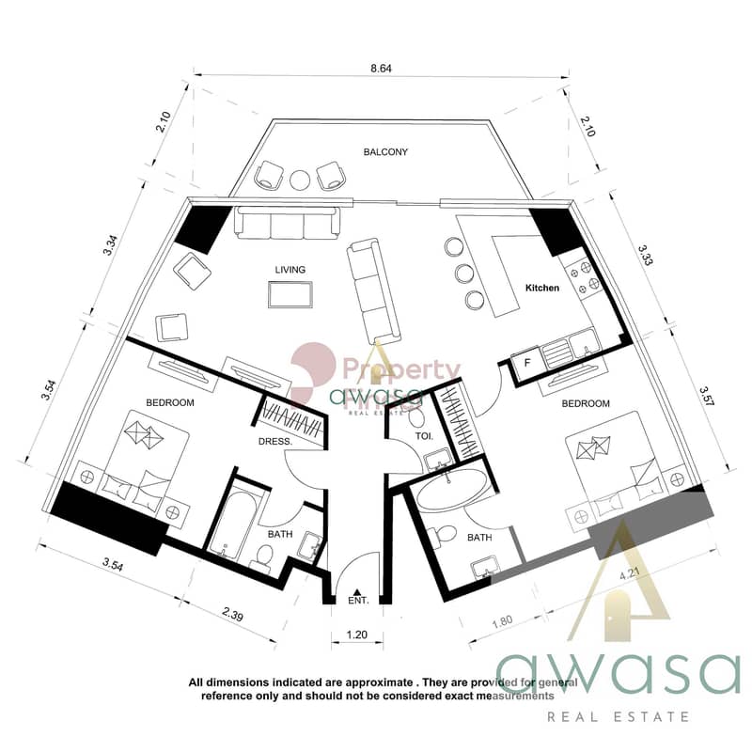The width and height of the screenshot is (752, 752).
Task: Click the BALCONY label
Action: (385, 152)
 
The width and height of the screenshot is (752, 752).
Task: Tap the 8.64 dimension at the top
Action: (381, 69)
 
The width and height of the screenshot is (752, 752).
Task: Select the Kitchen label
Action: (542, 288)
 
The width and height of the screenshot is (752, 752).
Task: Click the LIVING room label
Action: (290, 270)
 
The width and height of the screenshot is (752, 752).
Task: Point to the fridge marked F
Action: (526, 362)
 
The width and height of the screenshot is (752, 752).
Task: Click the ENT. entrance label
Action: (358, 600)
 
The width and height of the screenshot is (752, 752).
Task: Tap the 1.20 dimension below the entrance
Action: (357, 634)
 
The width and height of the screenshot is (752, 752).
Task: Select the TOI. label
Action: (424, 436)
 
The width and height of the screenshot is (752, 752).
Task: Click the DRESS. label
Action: (275, 441)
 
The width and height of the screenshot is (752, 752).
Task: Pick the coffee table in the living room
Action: (290, 294)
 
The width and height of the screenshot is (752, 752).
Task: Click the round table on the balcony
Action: (300, 180)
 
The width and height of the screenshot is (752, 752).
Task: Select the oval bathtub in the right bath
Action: (454, 489)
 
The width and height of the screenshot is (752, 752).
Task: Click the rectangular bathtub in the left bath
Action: (234, 523)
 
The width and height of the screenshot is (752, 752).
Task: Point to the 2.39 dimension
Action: (232, 615)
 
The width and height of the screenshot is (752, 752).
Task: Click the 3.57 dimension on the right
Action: (707, 396)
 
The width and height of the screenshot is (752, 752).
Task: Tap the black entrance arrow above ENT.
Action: (356, 592)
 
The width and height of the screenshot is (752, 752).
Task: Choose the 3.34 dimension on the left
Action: (110, 244)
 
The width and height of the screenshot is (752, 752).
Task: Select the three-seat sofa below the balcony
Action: (288, 223)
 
